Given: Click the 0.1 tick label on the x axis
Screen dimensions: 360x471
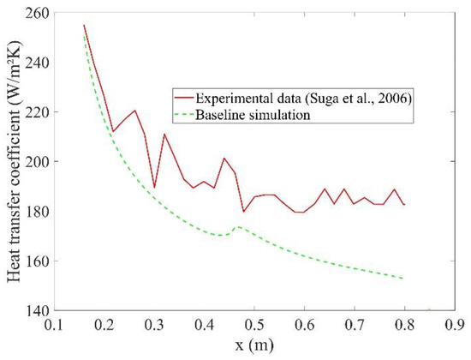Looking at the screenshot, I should coord(56,326).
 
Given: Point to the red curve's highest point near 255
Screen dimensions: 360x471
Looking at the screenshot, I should coord(84,25).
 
